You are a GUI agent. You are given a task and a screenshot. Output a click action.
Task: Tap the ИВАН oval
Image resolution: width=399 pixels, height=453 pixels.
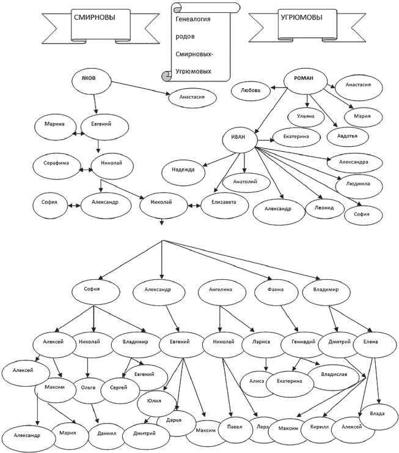(239, 137)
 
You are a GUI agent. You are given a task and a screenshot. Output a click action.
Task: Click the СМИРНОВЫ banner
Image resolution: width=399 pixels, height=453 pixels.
(94, 18)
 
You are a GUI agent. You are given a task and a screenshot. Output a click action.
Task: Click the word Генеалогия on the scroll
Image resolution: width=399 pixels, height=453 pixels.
(193, 20)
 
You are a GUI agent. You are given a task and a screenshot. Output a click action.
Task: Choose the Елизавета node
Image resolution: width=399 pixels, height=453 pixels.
(219, 202)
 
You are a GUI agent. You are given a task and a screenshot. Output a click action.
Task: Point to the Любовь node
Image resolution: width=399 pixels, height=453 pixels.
(251, 89)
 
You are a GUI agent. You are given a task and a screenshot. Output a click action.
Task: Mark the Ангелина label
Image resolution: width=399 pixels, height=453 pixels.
(221, 290)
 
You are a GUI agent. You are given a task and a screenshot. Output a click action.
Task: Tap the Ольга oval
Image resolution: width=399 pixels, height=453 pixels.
(88, 387)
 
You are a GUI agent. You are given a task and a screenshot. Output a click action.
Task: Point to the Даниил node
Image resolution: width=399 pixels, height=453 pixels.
(103, 433)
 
